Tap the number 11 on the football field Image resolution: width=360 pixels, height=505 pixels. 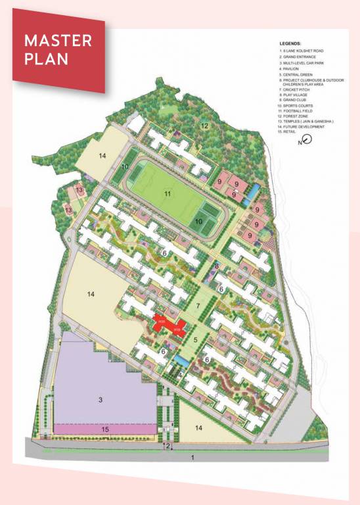pyautogui.click(x=168, y=193)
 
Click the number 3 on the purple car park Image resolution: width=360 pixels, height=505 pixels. pyautogui.click(x=101, y=400)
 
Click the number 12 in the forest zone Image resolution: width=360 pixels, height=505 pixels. pyautogui.click(x=204, y=125)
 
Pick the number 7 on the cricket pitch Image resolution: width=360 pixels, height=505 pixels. pyautogui.click(x=196, y=307)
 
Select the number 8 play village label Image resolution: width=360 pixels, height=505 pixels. pyautogui.click(x=216, y=266)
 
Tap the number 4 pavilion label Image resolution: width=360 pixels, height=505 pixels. pyautogui.click(x=180, y=375)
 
